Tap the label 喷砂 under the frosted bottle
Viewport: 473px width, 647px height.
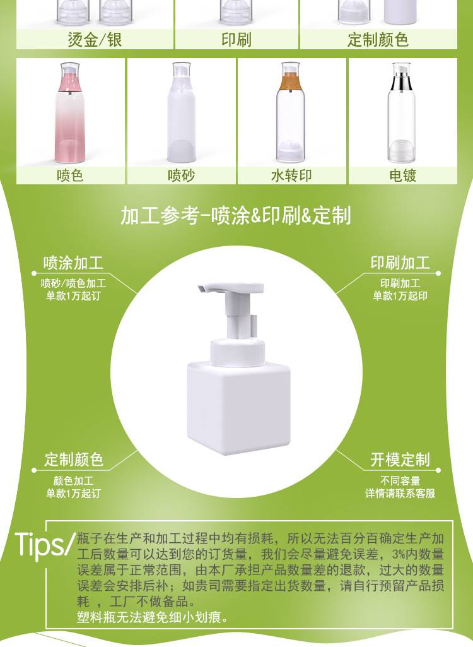pyautogui.click(x=181, y=175)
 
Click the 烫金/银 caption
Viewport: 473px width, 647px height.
pyautogui.click(x=95, y=40)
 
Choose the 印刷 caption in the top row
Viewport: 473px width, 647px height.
pyautogui.click(x=237, y=40)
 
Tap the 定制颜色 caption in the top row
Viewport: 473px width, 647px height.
pyautogui.click(x=378, y=40)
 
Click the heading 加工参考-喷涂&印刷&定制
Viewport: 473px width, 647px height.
pyautogui.click(x=236, y=215)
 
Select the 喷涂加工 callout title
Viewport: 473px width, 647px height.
pyautogui.click(x=73, y=263)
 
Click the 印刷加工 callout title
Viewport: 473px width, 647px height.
pyautogui.click(x=400, y=263)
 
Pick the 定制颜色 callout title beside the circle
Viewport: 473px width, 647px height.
pyautogui.click(x=73, y=460)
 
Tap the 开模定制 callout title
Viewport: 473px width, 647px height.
pyautogui.click(x=400, y=460)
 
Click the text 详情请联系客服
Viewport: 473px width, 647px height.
pyautogui.click(x=400, y=493)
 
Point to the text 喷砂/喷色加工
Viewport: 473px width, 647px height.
pyautogui.click(x=73, y=283)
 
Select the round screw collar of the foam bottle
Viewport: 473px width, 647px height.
pyautogui.click(x=238, y=353)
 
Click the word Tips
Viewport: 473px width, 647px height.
pyautogui.click(x=40, y=544)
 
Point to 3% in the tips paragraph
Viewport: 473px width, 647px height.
pyautogui.click(x=399, y=554)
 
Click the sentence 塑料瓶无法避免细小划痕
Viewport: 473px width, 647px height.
pyautogui.click(x=151, y=617)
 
